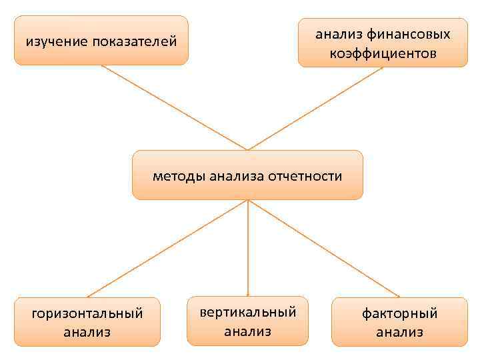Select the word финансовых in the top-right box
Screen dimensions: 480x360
tap(409, 33)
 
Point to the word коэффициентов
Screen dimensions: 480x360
tap(383, 53)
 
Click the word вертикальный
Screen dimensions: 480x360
tap(248, 312)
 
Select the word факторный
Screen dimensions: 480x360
tap(399, 313)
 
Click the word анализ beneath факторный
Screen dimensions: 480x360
tap(399, 332)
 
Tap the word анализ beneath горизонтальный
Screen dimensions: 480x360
tap(87, 332)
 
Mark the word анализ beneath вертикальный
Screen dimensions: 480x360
tap(248, 331)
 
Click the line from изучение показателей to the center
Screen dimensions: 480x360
tap(174, 107)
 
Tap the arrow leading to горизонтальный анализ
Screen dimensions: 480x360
tap(167, 249)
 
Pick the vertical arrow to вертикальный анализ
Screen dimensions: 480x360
tap(248, 247)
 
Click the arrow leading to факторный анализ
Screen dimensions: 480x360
tap(324, 249)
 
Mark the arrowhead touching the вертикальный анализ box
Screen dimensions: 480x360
tap(248, 293)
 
